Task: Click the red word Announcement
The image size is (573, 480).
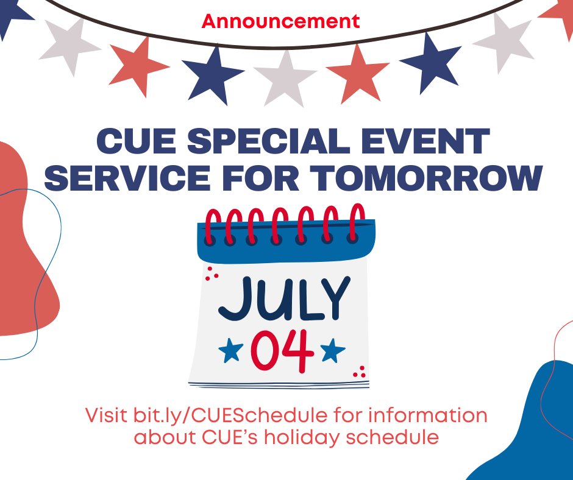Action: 281,21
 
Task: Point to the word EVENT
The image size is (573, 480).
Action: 442,142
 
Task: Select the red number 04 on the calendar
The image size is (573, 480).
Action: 282,351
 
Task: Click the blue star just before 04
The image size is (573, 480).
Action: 230,350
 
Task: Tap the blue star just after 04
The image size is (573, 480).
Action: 333,350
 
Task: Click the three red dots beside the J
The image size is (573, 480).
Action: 212,274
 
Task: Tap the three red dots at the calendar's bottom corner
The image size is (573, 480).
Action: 360,370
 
